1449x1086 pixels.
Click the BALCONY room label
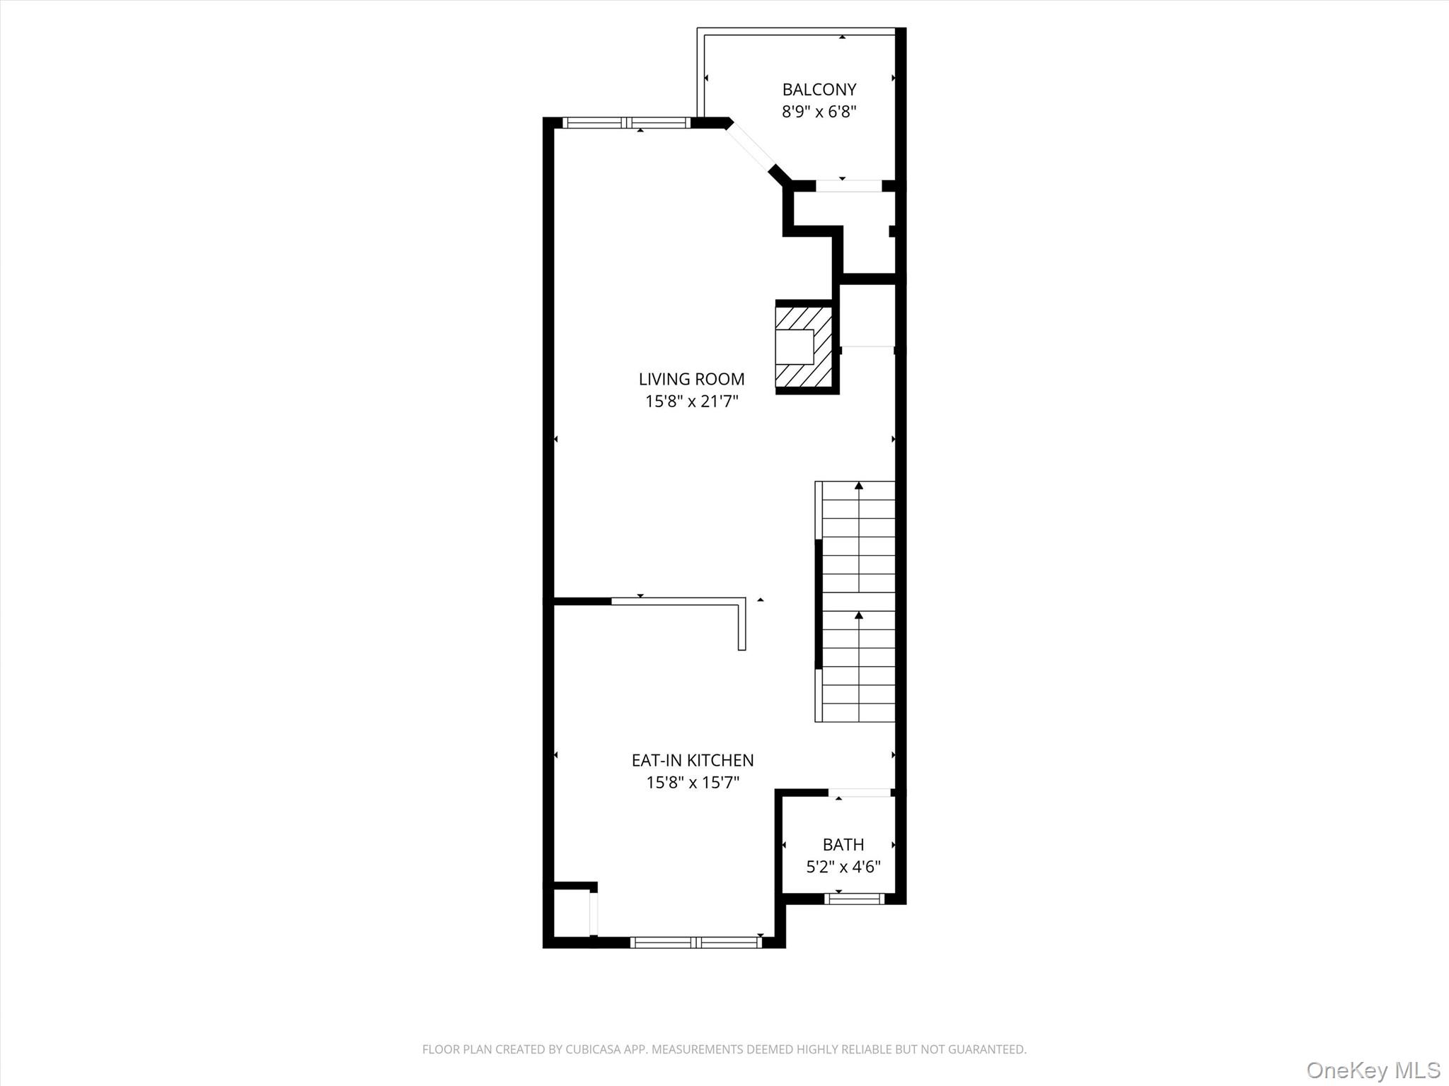click(x=819, y=90)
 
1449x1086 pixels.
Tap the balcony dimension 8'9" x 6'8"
click(x=819, y=112)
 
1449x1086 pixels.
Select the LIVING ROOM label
click(x=691, y=379)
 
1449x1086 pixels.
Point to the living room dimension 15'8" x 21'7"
click(x=691, y=402)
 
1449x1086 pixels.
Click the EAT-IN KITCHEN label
click(x=692, y=760)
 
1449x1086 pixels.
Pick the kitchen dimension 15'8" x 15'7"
click(x=692, y=783)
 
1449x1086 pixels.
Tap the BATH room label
click(x=843, y=844)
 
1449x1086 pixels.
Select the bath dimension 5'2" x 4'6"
click(x=843, y=867)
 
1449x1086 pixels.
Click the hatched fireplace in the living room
click(x=803, y=346)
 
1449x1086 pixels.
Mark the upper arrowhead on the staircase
click(x=859, y=486)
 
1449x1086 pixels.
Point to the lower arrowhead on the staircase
click(x=859, y=616)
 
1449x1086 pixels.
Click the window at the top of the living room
click(x=626, y=123)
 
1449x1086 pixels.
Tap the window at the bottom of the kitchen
click(x=695, y=942)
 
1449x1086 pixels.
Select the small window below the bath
click(x=854, y=899)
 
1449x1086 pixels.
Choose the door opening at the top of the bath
click(x=860, y=793)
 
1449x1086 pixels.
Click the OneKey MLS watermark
click(x=1373, y=1070)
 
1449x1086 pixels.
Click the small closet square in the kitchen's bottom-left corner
click(x=570, y=913)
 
